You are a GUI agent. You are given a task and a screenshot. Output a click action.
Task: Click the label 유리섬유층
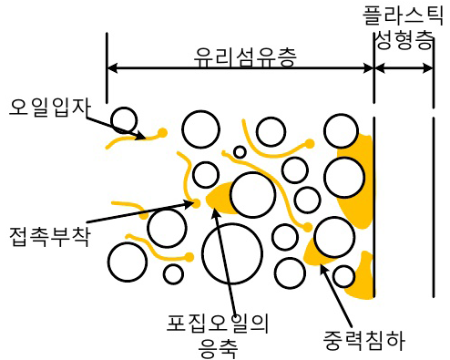click(247, 53)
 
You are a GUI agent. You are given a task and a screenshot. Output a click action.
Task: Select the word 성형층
click(404, 42)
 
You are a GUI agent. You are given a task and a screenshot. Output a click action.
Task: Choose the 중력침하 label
click(363, 341)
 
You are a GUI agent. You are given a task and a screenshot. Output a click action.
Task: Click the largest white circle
click(232, 252)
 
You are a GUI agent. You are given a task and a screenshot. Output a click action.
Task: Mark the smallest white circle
click(240, 152)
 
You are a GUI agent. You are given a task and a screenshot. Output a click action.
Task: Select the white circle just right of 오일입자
click(124, 119)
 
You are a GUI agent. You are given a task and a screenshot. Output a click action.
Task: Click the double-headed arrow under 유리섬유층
click(240, 68)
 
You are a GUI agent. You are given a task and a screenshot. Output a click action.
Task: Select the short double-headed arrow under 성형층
click(404, 68)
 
